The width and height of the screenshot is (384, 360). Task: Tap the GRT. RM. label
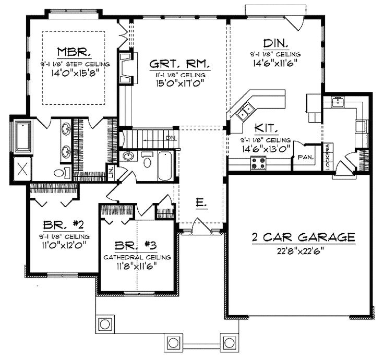point(179,64)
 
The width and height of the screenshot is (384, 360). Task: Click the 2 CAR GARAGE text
point(304,237)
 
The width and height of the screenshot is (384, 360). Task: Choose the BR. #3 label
point(136,246)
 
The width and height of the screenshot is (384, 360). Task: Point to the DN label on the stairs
point(171,138)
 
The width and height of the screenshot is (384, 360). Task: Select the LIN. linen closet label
point(111,171)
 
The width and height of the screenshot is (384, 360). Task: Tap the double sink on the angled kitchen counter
point(244,111)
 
